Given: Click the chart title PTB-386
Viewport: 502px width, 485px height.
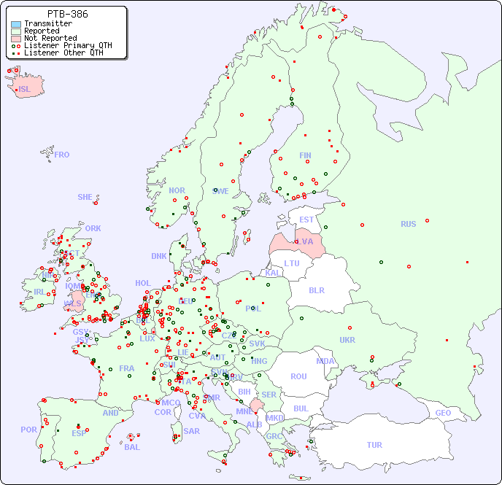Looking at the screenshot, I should pos(68,14).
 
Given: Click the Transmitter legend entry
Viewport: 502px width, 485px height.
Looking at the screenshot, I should pos(47,23).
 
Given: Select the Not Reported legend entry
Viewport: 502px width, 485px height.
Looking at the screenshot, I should pos(50,38).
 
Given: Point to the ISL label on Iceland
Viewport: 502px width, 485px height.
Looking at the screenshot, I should pos(25,90).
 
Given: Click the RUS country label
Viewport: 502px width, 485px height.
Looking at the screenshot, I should pos(408,225).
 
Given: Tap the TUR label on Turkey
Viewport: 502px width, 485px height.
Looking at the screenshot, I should pos(374,445).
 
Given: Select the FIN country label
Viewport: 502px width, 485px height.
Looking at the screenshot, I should pos(305,155).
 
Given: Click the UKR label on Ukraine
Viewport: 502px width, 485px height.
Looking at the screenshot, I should pos(347,341).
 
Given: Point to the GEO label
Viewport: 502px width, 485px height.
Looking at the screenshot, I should pos(443,414).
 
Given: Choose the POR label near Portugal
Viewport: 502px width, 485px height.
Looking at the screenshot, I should pos(28,430).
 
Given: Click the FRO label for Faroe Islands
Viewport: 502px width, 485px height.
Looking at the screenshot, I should pos(61,155).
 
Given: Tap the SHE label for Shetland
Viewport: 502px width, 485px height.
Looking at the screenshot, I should pos(85,197).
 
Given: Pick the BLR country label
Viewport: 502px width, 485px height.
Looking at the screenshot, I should pos(316,290).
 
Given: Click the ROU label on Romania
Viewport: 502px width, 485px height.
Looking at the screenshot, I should pos(298,377).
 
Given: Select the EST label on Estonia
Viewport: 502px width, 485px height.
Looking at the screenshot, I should pos(306,220).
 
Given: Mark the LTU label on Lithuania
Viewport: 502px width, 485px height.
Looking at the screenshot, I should pos(292,263).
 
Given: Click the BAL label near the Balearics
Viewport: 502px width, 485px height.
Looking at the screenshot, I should pos(132,447).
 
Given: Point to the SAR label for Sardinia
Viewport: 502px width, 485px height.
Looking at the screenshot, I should pos(191,431).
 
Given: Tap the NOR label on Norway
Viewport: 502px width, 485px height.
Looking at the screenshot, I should pos(177,190).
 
